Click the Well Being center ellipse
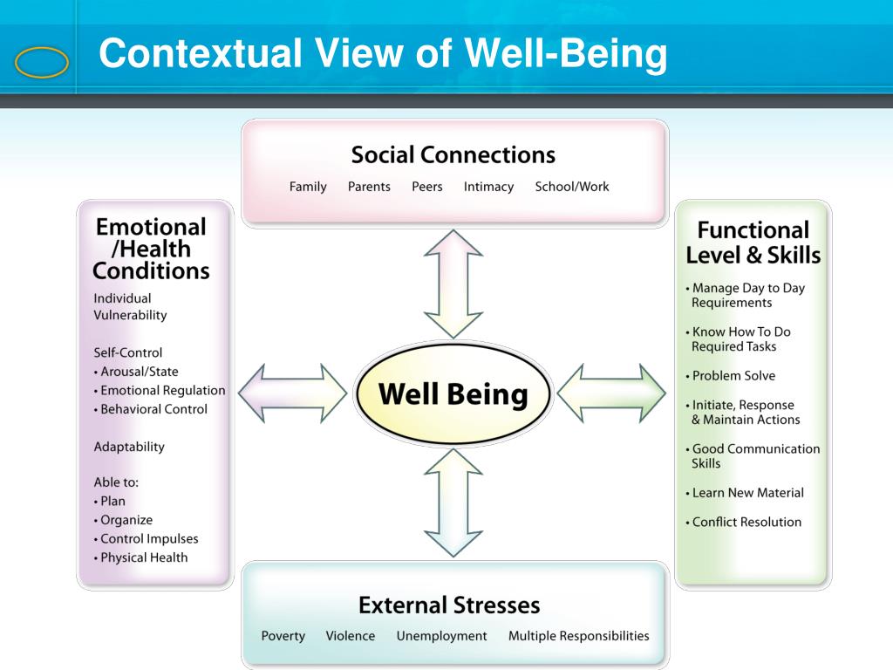click(x=453, y=394)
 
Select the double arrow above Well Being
click(x=453, y=284)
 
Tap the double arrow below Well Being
click(x=453, y=502)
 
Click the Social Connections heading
click(x=453, y=155)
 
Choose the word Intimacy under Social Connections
click(x=488, y=187)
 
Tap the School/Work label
click(x=572, y=187)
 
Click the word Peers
click(x=427, y=187)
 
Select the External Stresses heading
click(x=449, y=605)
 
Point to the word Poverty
click(x=283, y=636)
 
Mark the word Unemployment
click(x=441, y=636)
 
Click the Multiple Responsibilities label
click(x=579, y=636)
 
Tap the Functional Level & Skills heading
click(x=753, y=243)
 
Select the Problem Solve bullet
click(x=733, y=376)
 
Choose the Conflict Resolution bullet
click(x=746, y=522)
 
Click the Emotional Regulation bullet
click(x=161, y=390)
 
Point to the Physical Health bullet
click(x=143, y=557)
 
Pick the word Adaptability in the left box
click(x=129, y=447)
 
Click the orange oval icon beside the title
click(x=42, y=63)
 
